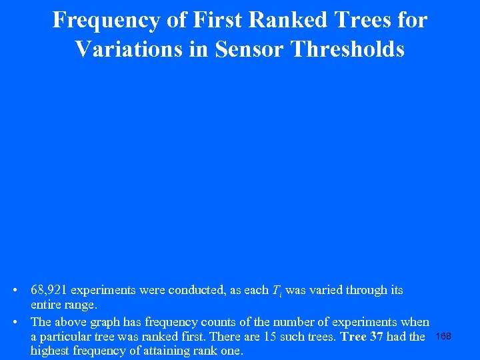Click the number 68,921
(49, 291)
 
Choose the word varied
(330, 291)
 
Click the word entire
(46, 305)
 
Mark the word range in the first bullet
(81, 305)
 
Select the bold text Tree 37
(361, 337)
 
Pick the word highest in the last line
(51, 351)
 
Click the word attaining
(168, 351)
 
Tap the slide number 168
(443, 336)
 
